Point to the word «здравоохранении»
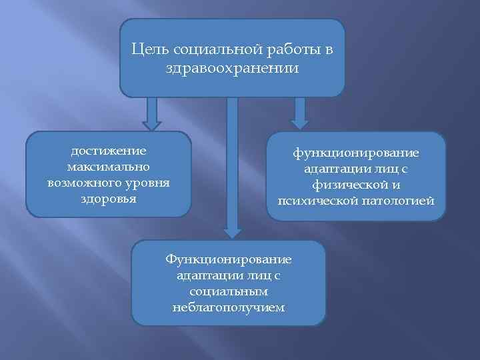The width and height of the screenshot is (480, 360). click(x=233, y=68)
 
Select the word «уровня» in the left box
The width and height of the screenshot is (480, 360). click(x=149, y=182)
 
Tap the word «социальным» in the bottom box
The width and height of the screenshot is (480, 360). click(x=228, y=292)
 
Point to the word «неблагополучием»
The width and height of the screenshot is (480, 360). click(x=228, y=307)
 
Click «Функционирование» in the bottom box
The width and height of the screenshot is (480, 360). click(x=229, y=260)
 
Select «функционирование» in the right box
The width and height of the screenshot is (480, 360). click(x=356, y=153)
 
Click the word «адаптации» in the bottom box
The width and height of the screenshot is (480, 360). click(x=203, y=276)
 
